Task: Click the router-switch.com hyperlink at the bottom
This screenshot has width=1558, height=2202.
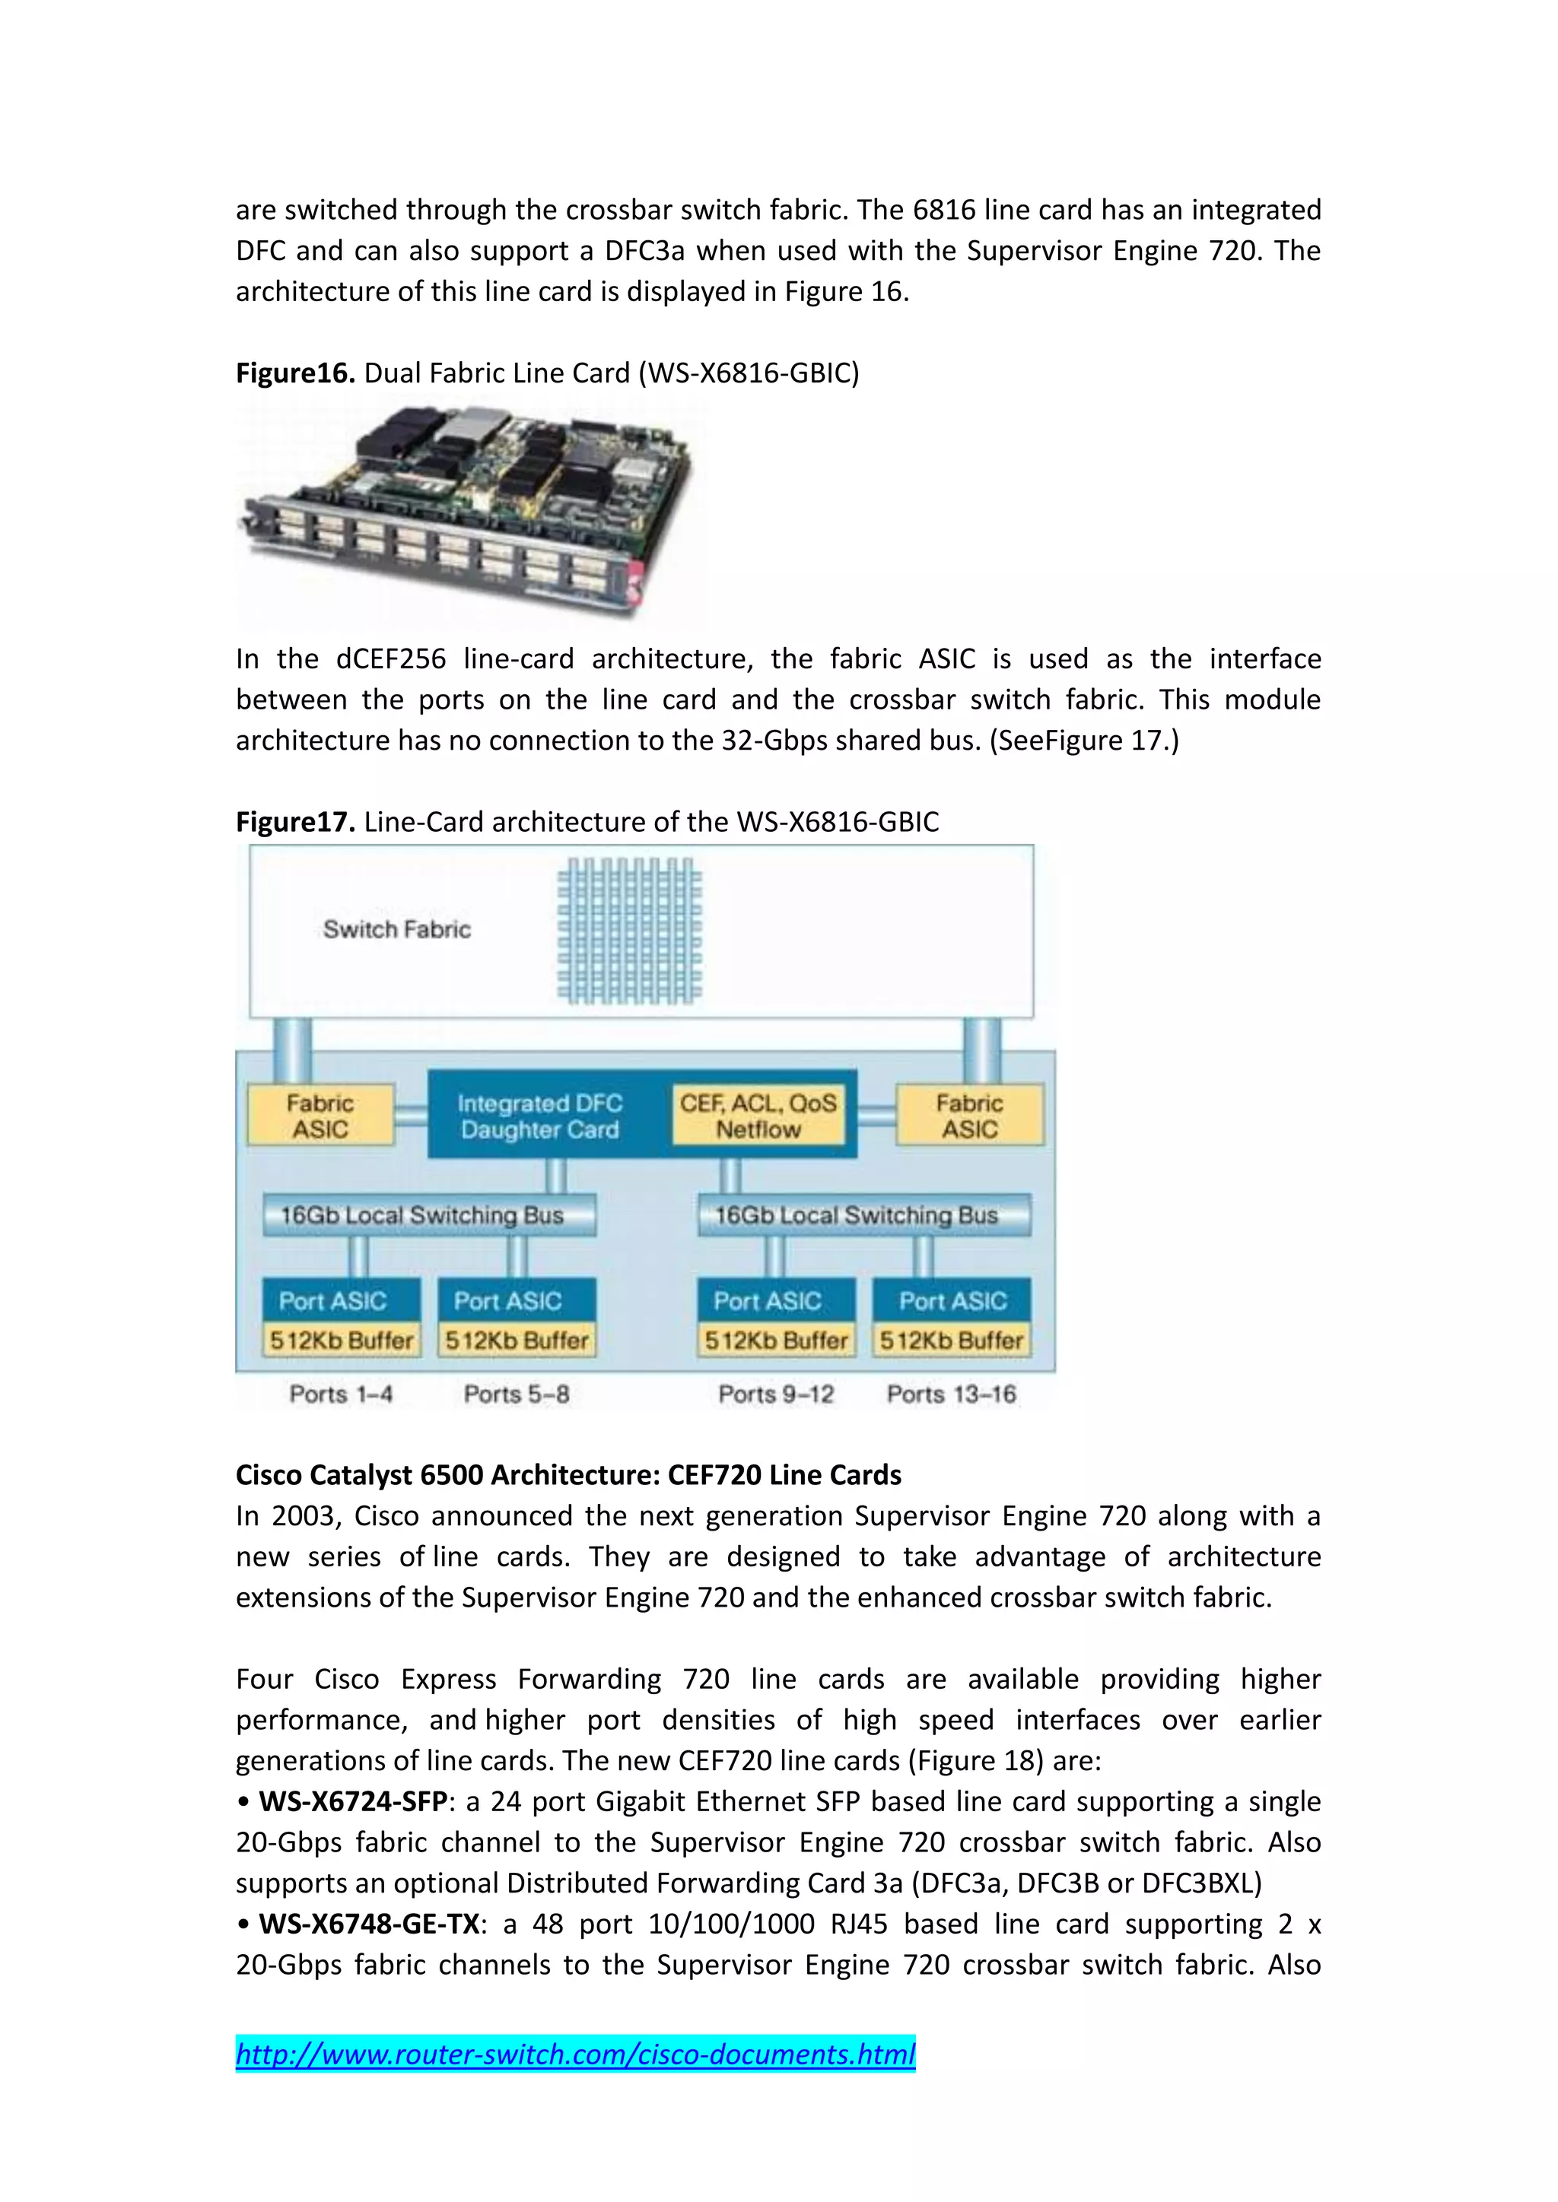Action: click(x=576, y=2054)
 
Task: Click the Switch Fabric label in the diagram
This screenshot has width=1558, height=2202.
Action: click(x=397, y=929)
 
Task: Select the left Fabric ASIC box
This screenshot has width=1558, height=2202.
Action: click(x=320, y=1116)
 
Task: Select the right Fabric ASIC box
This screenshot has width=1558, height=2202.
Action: click(x=970, y=1116)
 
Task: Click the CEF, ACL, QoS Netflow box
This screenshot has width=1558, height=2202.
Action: click(x=758, y=1116)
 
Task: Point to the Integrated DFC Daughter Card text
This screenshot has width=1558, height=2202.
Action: click(x=540, y=1116)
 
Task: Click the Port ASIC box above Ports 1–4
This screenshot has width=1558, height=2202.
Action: click(x=333, y=1300)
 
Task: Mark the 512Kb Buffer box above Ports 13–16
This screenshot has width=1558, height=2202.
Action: click(x=952, y=1340)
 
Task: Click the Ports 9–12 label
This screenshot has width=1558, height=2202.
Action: click(x=776, y=1394)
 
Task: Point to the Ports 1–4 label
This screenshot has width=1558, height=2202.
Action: click(x=341, y=1394)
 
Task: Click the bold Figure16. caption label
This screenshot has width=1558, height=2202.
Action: click(x=295, y=373)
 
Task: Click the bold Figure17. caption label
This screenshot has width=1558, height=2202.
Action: click(x=295, y=822)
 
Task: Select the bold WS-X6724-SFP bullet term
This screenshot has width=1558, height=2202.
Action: click(x=353, y=1802)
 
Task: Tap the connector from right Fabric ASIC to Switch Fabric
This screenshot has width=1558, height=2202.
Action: click(x=981, y=1050)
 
